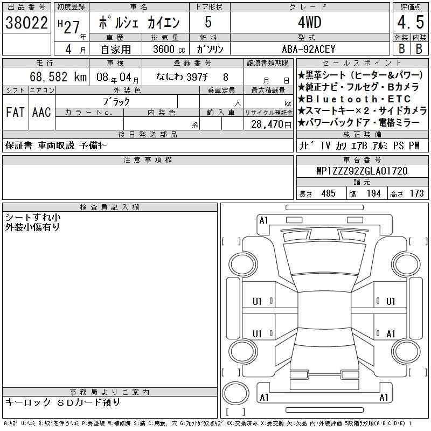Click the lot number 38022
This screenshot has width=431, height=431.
point(26,23)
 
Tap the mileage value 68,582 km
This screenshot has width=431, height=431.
point(58,77)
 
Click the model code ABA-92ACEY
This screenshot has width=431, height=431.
point(309,49)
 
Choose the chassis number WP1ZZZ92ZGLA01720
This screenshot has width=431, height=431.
point(362,171)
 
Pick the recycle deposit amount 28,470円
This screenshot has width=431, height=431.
point(271,124)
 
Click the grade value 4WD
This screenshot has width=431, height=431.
point(309,22)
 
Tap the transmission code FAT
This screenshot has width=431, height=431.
point(15,112)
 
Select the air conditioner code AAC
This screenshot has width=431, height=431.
point(41,112)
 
